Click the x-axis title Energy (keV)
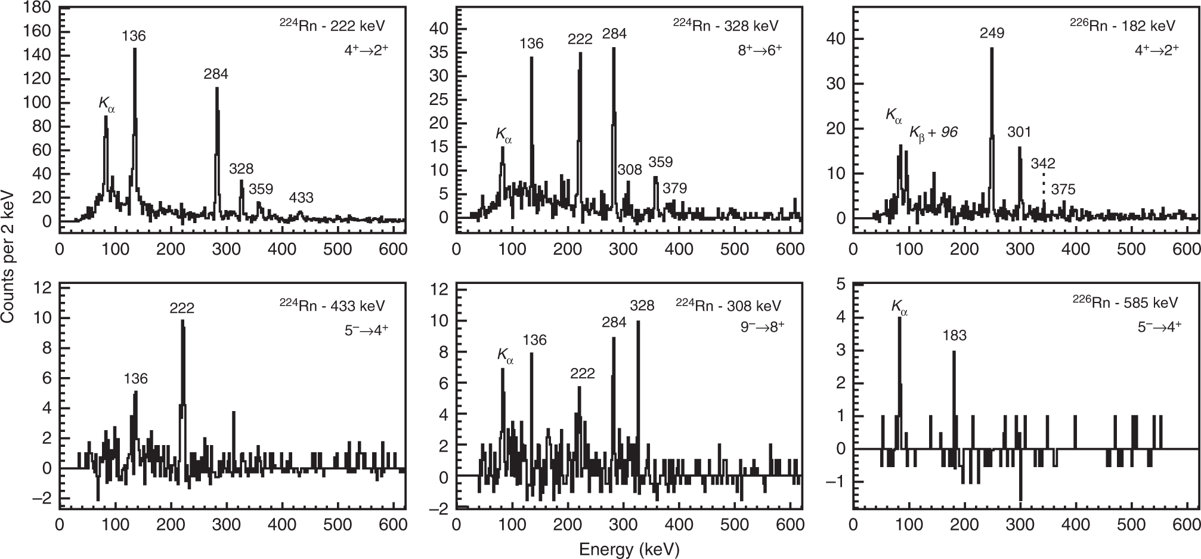pyautogui.click(x=629, y=549)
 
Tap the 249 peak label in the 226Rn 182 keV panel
pyautogui.click(x=992, y=33)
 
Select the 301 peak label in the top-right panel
pyautogui.click(x=1019, y=132)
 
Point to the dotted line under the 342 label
pyautogui.click(x=1044, y=184)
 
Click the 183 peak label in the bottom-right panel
pyautogui.click(x=954, y=335)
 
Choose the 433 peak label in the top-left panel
pyautogui.click(x=301, y=197)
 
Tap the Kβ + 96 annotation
pyautogui.click(x=933, y=132)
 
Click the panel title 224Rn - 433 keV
pyautogui.click(x=333, y=305)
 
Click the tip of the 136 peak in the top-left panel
pyautogui.click(x=135, y=49)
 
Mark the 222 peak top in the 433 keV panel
pyautogui.click(x=182, y=321)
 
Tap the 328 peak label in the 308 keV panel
pyautogui.click(x=642, y=305)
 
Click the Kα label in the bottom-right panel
pyautogui.click(x=899, y=307)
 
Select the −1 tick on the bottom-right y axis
pyautogui.click(x=840, y=481)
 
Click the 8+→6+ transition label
pyautogui.click(x=759, y=50)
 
